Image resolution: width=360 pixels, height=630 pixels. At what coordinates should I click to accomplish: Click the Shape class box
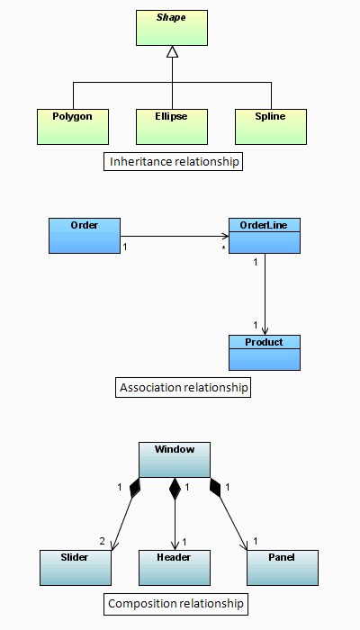click(172, 27)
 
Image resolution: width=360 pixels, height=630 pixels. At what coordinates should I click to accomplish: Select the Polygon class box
click(73, 127)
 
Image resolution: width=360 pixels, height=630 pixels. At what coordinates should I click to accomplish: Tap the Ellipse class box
click(172, 127)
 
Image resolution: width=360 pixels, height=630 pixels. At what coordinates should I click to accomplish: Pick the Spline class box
click(271, 127)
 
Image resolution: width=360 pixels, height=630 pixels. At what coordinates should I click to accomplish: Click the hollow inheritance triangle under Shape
click(173, 52)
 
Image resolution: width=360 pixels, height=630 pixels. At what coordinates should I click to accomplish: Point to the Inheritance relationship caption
click(175, 163)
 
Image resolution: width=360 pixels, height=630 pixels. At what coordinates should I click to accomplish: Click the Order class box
click(84, 235)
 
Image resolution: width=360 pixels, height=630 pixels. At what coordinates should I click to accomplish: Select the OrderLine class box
click(265, 235)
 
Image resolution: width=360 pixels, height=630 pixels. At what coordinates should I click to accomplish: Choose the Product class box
click(264, 353)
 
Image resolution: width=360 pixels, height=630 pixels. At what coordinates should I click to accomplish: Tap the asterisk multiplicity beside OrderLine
click(222, 246)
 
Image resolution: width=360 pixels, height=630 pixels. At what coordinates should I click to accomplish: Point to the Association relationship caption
click(184, 388)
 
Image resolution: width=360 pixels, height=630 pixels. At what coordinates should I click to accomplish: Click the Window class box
click(174, 459)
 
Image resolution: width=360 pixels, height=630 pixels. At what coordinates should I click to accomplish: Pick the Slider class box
click(76, 568)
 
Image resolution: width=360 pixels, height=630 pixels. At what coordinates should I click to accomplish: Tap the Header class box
click(174, 568)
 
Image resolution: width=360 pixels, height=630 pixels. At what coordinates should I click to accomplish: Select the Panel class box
click(282, 568)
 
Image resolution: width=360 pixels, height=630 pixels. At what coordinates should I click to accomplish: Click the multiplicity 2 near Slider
click(102, 541)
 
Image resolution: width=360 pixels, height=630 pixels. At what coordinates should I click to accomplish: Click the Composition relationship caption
click(175, 604)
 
